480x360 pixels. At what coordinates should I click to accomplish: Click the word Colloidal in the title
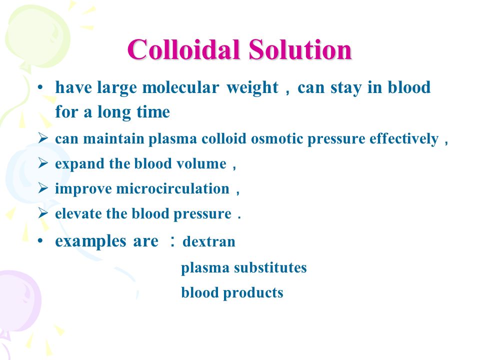[183, 49]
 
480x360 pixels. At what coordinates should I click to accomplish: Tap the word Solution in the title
[300, 49]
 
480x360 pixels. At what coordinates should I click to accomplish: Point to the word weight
[252, 88]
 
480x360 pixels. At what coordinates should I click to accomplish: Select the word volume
[201, 163]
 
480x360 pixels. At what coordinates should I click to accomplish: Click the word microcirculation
[172, 188]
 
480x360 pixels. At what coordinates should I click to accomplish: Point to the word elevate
[78, 213]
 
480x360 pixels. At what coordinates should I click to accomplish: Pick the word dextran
[209, 241]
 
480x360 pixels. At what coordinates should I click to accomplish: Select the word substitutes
[270, 267]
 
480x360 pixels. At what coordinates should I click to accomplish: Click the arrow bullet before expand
[43, 163]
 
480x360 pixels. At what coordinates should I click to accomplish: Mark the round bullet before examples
[40, 241]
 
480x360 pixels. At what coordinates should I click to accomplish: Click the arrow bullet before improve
[43, 188]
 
